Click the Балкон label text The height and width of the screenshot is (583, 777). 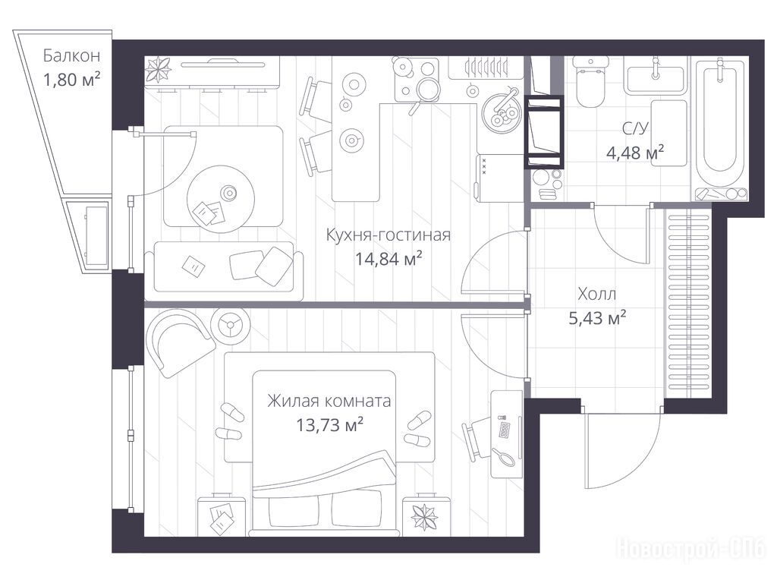pyautogui.click(x=71, y=55)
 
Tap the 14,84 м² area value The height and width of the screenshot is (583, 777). pyautogui.click(x=388, y=258)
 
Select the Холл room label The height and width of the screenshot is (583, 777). pyautogui.click(x=597, y=294)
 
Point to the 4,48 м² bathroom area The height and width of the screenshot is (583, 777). pyautogui.click(x=635, y=153)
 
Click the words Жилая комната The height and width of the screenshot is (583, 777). pyautogui.click(x=329, y=401)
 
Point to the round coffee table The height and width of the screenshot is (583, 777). pyautogui.click(x=221, y=199)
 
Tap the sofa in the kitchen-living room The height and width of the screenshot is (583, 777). pyautogui.click(x=224, y=271)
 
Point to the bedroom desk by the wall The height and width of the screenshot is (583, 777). pyautogui.click(x=506, y=433)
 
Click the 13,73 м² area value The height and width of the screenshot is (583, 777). pyautogui.click(x=329, y=425)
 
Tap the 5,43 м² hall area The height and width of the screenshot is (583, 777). pyautogui.click(x=597, y=318)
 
